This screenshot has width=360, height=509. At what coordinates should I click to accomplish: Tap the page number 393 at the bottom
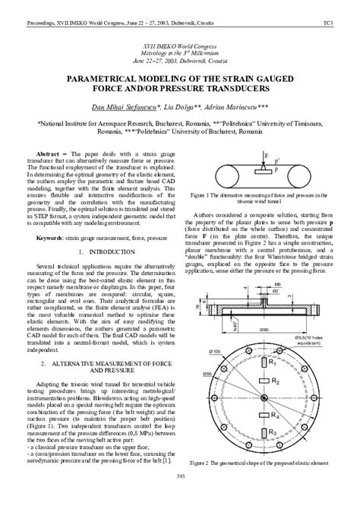click(x=180, y=497)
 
